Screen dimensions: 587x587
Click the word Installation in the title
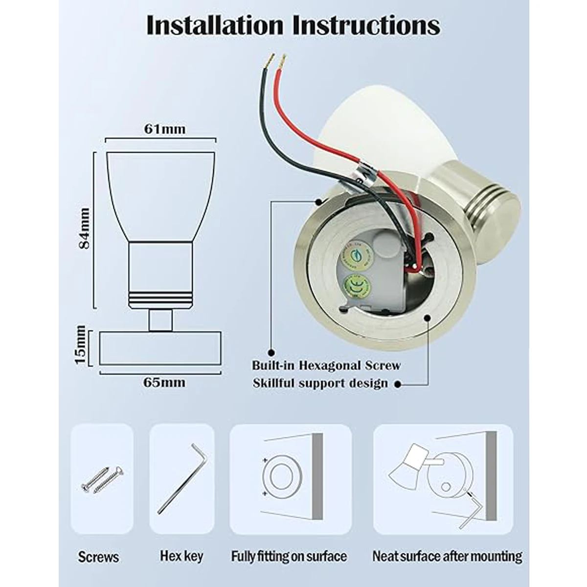[x=215, y=25]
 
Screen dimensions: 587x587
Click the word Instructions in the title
[x=365, y=25]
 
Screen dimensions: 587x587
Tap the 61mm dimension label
[x=165, y=129]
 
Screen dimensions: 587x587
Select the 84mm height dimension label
[x=85, y=228]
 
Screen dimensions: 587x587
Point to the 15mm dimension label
[x=81, y=345]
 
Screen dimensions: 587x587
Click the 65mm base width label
[x=165, y=382]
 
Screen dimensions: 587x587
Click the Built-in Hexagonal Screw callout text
[x=326, y=365]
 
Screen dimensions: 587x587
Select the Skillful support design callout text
[x=320, y=383]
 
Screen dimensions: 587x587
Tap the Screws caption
[x=98, y=557]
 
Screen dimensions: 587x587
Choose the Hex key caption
[x=181, y=556]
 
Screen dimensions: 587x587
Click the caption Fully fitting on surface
[x=289, y=556]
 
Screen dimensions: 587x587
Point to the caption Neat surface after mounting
[x=447, y=556]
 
